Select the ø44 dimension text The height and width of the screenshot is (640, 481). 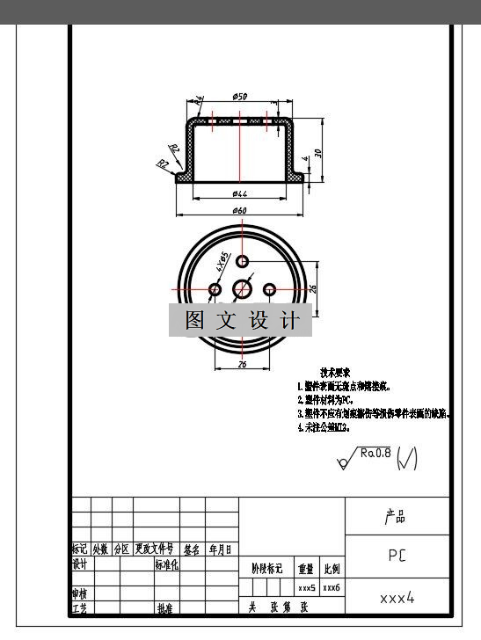(239, 193)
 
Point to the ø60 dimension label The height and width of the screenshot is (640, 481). (239, 210)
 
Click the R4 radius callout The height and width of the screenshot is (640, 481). (200, 102)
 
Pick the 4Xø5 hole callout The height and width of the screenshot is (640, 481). (222, 261)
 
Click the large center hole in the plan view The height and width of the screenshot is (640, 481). (243, 288)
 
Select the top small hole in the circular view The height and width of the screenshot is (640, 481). (243, 260)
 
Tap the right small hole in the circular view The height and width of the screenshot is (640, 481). (270, 289)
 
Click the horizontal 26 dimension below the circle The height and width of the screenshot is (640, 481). (242, 364)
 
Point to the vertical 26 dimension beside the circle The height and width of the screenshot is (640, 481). (313, 287)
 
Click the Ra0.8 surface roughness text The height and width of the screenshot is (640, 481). (374, 454)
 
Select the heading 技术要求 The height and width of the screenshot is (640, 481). (336, 373)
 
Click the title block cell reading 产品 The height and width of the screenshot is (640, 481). (396, 517)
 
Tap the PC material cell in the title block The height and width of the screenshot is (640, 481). (397, 556)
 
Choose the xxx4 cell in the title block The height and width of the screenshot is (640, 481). (397, 598)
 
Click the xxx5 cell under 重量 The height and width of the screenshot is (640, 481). (306, 587)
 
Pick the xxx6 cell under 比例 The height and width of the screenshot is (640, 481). (332, 587)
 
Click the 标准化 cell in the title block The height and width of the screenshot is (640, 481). (166, 565)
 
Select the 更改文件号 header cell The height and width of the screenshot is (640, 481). (155, 549)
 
